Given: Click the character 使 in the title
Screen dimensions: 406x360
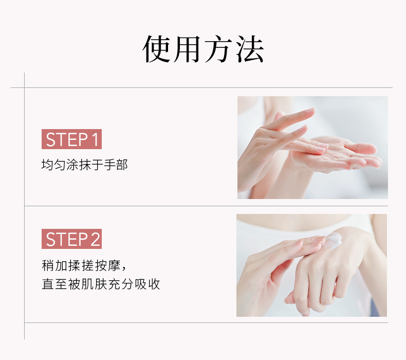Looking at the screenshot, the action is click(156, 49).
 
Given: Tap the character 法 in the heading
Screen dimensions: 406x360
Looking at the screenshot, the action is click(250, 49).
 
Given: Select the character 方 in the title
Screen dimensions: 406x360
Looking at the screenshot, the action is click(218, 49).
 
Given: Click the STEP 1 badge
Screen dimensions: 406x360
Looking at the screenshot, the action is click(71, 139).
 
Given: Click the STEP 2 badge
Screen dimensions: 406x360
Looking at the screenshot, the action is click(71, 239).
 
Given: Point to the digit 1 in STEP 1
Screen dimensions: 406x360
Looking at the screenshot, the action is click(95, 139).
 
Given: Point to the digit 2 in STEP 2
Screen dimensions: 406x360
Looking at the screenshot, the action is click(95, 239).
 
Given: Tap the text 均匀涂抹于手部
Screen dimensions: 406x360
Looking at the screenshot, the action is click(84, 165).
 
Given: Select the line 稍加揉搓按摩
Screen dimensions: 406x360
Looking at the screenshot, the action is click(81, 265).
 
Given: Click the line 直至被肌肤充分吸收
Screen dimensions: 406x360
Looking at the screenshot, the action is click(101, 284).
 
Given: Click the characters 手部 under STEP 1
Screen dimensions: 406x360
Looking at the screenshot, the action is click(116, 165).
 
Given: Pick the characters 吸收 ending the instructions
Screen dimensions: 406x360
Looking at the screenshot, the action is click(147, 284).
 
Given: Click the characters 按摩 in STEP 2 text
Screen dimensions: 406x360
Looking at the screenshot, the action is click(108, 265).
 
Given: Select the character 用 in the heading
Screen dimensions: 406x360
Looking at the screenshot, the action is click(188, 49).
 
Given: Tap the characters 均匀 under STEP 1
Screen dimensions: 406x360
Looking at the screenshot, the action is click(53, 165).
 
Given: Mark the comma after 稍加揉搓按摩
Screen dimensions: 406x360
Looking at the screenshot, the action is click(123, 269).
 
